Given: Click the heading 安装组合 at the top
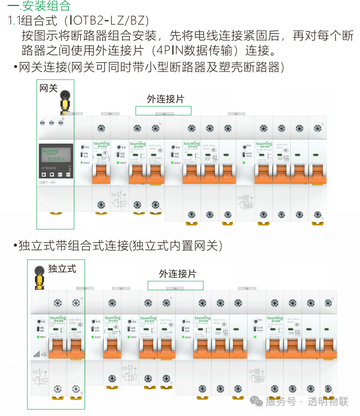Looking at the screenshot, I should tap(46, 7).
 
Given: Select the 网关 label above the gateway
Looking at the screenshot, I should tap(48, 87).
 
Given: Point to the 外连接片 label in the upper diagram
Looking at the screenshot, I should tap(166, 99).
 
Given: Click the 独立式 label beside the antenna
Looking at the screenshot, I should tap(62, 268).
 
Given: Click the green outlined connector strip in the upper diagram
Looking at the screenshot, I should tap(164, 111).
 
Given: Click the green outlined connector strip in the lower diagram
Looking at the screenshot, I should tap(176, 286).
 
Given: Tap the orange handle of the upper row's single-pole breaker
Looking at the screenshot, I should tap(101, 174).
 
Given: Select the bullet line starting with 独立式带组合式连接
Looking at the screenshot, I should tap(117, 246).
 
